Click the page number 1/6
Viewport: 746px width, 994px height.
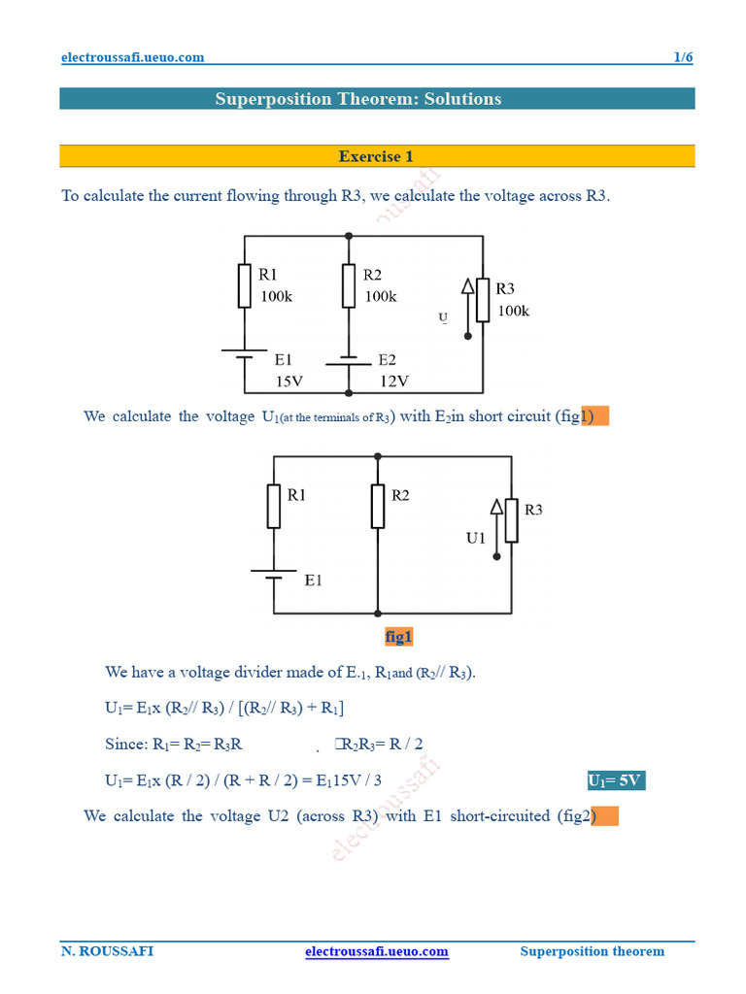coord(683,57)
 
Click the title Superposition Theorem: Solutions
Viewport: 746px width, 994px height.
coord(358,99)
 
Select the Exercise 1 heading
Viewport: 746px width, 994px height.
coord(376,156)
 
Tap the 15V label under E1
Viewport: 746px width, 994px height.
coord(289,381)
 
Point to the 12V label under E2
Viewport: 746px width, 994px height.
coord(393,381)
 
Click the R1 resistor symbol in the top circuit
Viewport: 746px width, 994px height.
coord(245,284)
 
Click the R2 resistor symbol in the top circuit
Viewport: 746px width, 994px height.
coord(349,284)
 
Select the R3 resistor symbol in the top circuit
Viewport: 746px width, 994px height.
coord(483,301)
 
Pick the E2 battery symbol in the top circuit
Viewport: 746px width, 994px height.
coord(349,361)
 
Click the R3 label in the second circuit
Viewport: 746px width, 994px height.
coord(533,510)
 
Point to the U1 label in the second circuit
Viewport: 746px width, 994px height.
coord(475,538)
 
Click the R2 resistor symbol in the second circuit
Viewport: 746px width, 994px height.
coord(377,506)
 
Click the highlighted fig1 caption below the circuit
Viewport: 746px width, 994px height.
coord(399,637)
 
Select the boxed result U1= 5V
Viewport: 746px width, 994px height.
coord(616,781)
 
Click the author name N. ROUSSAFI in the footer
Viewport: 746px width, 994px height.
coord(107,951)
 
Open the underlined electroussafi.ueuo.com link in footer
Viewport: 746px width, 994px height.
coord(377,951)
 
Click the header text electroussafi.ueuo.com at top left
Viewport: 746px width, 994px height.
coord(132,57)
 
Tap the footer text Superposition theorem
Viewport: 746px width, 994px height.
coord(593,951)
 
